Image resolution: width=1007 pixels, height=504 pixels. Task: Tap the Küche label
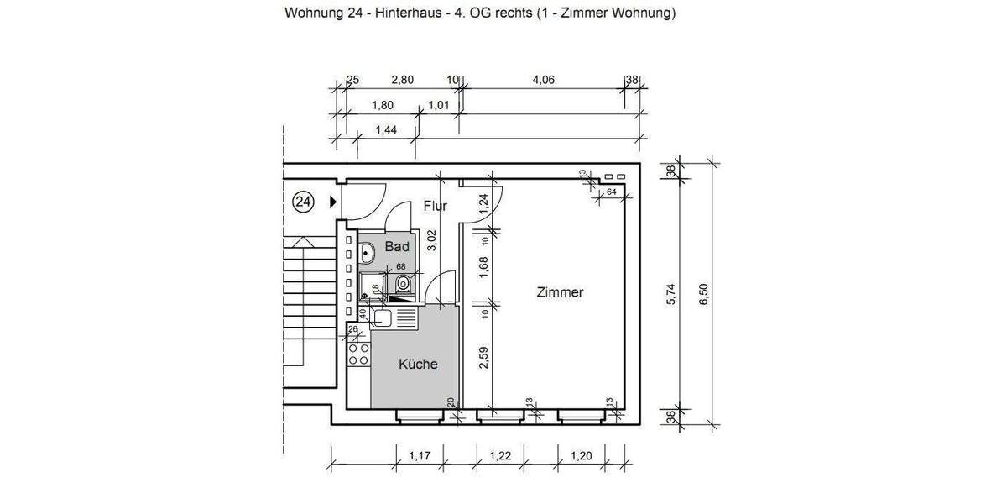(417, 365)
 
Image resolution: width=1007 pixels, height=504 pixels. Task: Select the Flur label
(435, 206)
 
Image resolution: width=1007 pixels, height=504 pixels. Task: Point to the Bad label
(397, 247)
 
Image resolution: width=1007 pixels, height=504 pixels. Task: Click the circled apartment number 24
(303, 202)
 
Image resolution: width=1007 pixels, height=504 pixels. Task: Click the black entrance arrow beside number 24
(333, 202)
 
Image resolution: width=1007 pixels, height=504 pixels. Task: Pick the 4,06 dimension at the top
(543, 81)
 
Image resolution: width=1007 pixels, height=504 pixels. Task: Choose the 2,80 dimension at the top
(403, 81)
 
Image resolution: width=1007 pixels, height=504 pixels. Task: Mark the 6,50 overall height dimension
(704, 294)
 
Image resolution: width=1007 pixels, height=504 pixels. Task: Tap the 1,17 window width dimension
(420, 456)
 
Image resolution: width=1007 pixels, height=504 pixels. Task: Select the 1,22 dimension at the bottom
(500, 456)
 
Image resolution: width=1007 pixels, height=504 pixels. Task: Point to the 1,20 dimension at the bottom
(582, 456)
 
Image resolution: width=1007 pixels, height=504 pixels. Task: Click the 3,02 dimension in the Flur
(432, 240)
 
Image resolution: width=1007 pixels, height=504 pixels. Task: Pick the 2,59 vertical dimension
(484, 359)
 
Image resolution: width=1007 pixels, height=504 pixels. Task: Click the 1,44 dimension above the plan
(385, 129)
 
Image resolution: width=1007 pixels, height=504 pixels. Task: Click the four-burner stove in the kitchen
(358, 354)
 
